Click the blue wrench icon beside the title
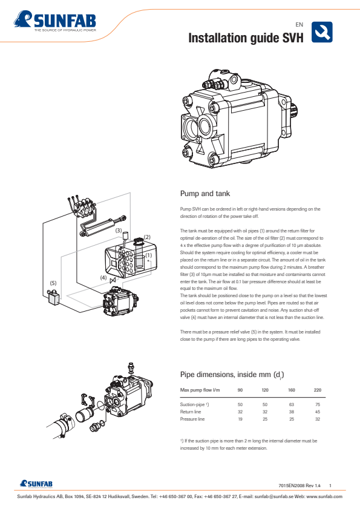pyautogui.click(x=322, y=32)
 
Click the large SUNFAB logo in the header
pyautogui.click(x=55, y=21)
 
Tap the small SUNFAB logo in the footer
pyautogui.click(x=36, y=484)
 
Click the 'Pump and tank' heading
pyautogui.click(x=205, y=194)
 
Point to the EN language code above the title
pyautogui.click(x=299, y=24)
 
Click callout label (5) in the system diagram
pyautogui.click(x=53, y=283)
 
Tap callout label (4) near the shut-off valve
pyautogui.click(x=103, y=278)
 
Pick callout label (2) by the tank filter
pyautogui.click(x=147, y=237)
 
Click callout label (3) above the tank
pyautogui.click(x=119, y=231)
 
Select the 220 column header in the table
pyautogui.click(x=317, y=390)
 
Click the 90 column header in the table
pyautogui.click(x=240, y=390)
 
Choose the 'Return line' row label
pyautogui.click(x=191, y=412)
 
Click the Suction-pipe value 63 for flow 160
pyautogui.click(x=291, y=404)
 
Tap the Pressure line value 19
pyautogui.click(x=240, y=419)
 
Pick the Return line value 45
pyautogui.click(x=318, y=412)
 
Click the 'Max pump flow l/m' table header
pyautogui.click(x=200, y=390)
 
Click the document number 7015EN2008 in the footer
pyautogui.click(x=292, y=485)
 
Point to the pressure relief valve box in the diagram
pyautogui.click(x=54, y=297)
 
